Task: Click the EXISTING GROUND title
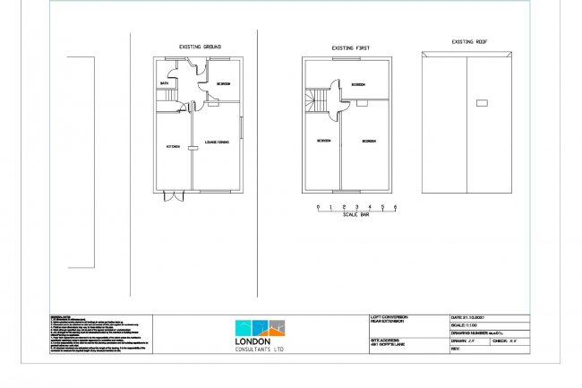point(201,46)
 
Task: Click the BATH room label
point(165,83)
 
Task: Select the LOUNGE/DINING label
point(218,143)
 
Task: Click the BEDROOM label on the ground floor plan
point(223,83)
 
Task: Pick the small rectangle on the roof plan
point(483,105)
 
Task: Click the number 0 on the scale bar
point(319,207)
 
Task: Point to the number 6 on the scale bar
point(394,207)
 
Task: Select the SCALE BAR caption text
point(356,216)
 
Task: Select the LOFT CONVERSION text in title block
point(389,316)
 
